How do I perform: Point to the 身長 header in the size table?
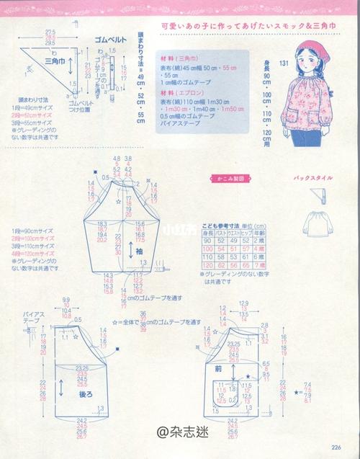(208, 233)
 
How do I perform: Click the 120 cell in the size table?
(207, 264)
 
